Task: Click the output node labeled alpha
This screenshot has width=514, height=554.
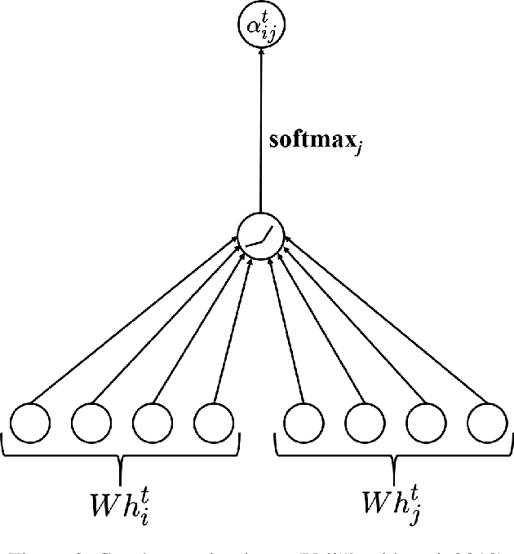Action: click(x=261, y=26)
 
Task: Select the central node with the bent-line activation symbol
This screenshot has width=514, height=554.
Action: click(x=261, y=237)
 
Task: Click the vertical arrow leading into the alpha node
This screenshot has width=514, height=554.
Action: click(x=261, y=130)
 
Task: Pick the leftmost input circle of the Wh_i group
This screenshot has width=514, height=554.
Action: click(x=30, y=422)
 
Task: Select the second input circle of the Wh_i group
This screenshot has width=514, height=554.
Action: click(x=91, y=422)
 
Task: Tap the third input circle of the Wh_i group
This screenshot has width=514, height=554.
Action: click(x=153, y=422)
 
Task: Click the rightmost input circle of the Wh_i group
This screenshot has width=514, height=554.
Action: click(x=214, y=422)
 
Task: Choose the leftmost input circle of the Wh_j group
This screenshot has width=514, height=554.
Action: click(x=304, y=422)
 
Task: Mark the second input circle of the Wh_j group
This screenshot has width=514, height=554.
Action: click(x=365, y=422)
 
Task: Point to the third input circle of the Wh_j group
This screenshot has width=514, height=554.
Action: click(x=426, y=422)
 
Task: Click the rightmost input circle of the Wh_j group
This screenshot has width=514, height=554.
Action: click(x=487, y=422)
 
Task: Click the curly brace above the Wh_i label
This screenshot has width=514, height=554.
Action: click(x=122, y=453)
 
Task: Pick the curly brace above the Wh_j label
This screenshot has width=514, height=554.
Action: click(x=395, y=453)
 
